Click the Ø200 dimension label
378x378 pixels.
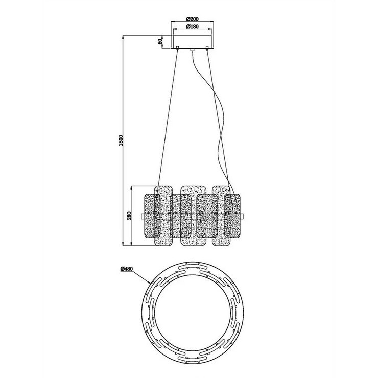coord(193,19)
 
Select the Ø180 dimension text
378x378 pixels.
coord(193,26)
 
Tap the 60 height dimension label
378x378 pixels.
coord(160,41)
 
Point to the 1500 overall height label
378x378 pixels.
coord(121,140)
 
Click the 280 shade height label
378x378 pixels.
coord(129,215)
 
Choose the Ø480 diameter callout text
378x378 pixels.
coord(127,269)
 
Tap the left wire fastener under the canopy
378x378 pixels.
coord(178,48)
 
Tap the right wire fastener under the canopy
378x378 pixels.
coord(207,48)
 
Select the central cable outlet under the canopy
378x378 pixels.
coord(192,50)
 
